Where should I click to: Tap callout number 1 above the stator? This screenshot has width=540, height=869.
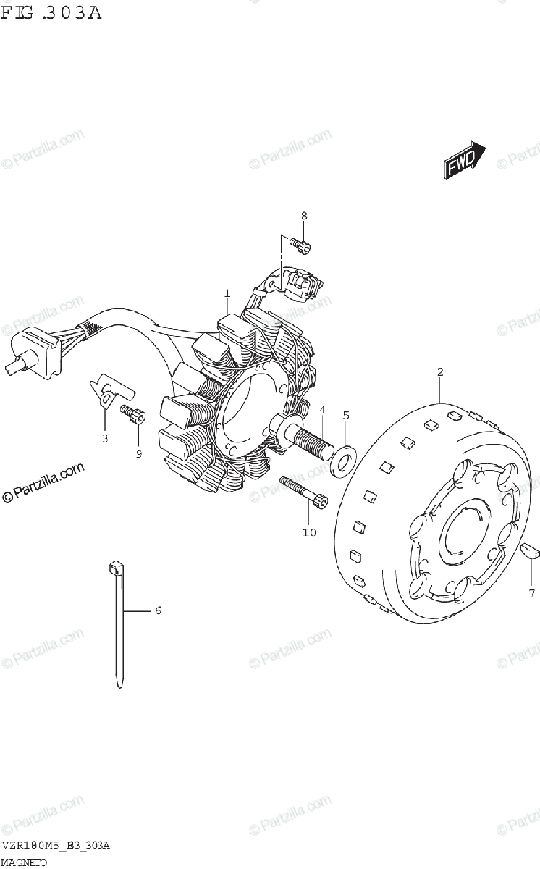227,293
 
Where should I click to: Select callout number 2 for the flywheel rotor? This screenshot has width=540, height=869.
439,372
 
